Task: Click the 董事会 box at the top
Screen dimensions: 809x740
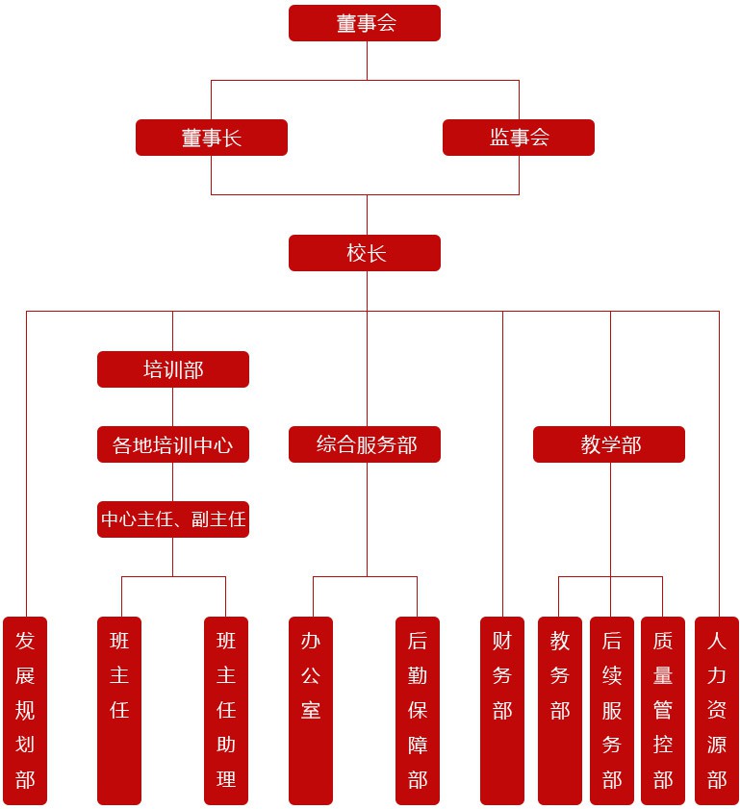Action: tap(365, 23)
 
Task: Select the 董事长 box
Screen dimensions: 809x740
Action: tap(212, 138)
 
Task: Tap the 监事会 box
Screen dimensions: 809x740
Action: tap(519, 138)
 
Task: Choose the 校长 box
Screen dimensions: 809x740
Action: tap(365, 253)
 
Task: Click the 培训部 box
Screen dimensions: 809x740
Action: tap(173, 369)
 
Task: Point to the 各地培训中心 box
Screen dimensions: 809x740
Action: tap(173, 445)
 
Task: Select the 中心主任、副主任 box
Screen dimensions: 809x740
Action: tap(173, 519)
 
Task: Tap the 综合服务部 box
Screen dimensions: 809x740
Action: tap(365, 445)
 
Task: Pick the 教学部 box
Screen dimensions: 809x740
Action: tap(609, 445)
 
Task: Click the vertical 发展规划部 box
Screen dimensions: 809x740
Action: tap(25, 710)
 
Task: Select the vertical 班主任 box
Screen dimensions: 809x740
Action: tap(119, 710)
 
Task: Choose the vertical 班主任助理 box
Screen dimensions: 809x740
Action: tap(226, 710)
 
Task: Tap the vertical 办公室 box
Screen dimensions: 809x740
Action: tap(311, 710)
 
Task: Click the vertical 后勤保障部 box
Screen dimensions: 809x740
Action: tap(418, 710)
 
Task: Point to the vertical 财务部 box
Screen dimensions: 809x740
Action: tap(502, 710)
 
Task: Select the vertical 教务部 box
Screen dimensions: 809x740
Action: tap(560, 710)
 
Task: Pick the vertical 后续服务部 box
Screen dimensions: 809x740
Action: tap(612, 710)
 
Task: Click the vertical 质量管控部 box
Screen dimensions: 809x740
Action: tap(663, 710)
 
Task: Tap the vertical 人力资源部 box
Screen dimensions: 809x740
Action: tap(717, 710)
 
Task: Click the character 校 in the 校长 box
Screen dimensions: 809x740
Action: tap(355, 253)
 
